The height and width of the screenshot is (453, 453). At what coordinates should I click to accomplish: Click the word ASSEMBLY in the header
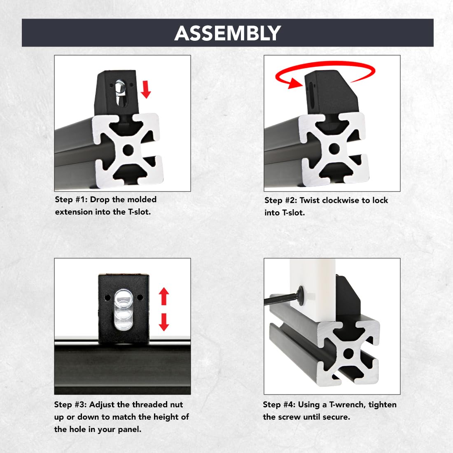[227, 33]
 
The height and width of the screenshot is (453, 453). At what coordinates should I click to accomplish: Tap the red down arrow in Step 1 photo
[146, 89]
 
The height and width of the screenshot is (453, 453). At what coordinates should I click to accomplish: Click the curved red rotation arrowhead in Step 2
[296, 83]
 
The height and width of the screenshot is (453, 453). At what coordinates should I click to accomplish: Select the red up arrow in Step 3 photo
[164, 296]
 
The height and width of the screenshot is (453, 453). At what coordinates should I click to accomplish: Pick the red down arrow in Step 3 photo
[164, 322]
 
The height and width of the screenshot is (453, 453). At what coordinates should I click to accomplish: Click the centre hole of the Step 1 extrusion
[128, 150]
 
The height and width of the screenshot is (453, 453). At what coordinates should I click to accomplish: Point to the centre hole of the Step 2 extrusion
[334, 149]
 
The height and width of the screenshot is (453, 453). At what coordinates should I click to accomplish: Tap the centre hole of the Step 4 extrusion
[348, 353]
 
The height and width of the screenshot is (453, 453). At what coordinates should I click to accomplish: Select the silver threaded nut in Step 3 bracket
[124, 310]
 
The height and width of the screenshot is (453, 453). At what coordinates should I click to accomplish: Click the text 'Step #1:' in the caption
[71, 200]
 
